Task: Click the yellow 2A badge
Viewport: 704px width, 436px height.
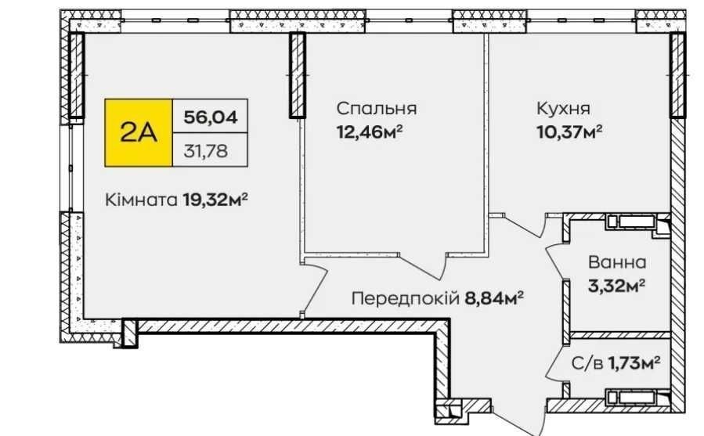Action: click(x=139, y=133)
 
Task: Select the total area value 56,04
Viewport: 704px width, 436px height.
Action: click(x=210, y=117)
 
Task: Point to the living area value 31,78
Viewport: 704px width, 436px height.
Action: click(x=206, y=151)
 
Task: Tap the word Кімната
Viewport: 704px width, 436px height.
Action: click(x=141, y=200)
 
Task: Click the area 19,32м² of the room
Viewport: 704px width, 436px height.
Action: click(x=215, y=200)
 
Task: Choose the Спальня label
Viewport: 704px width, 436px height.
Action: click(x=377, y=109)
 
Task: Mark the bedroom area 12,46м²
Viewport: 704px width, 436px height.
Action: click(x=369, y=132)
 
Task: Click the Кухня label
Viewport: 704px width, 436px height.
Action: click(x=564, y=109)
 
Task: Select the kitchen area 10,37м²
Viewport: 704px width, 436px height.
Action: click(x=569, y=132)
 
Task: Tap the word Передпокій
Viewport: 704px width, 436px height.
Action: click(x=405, y=298)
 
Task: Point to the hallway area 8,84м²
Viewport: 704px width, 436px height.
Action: click(x=494, y=298)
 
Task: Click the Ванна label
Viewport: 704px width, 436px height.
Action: click(x=617, y=262)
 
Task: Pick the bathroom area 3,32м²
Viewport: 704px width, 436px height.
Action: click(x=617, y=286)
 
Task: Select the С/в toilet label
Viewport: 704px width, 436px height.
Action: click(x=588, y=362)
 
